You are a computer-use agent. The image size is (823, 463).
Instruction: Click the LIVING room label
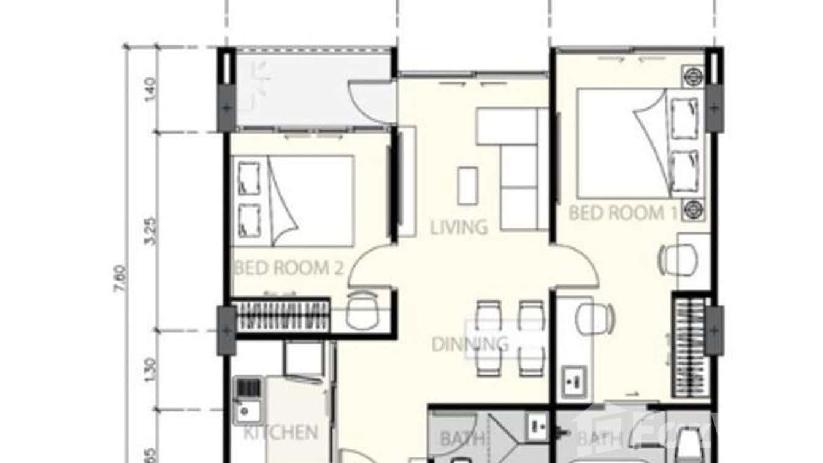(459, 228)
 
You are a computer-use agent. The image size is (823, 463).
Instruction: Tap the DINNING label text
(469, 344)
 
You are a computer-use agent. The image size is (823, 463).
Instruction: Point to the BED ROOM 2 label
(288, 268)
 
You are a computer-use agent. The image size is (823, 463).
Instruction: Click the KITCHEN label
(281, 433)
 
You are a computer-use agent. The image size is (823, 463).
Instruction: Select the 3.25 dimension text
(153, 231)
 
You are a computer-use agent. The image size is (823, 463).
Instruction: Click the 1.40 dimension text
(153, 89)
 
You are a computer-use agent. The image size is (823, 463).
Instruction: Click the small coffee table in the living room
(468, 185)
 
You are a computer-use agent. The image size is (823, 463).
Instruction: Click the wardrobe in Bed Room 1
(691, 347)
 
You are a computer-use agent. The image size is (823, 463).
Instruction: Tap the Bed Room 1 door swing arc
(580, 264)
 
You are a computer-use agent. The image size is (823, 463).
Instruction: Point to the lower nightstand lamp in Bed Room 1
(694, 209)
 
